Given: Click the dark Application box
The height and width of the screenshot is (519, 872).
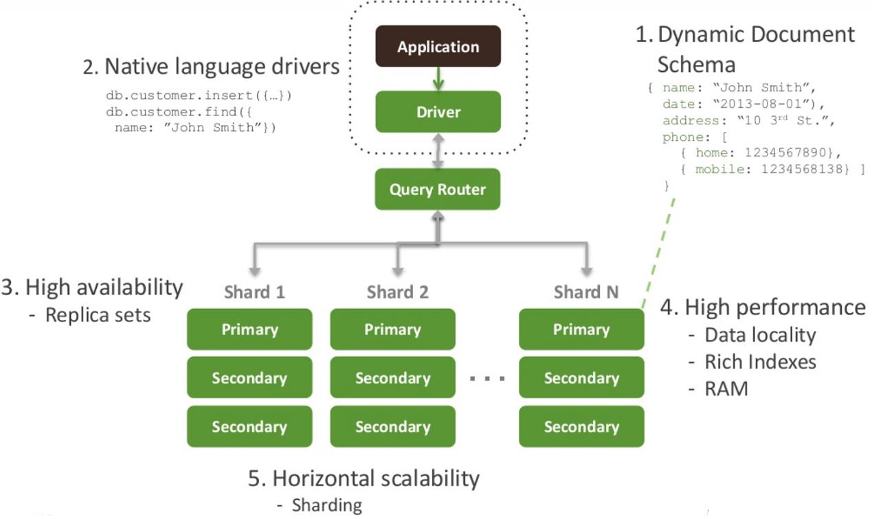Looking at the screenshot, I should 438,46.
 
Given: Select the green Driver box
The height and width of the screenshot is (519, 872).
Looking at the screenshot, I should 438,111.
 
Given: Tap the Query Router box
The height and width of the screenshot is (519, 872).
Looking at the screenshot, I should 438,189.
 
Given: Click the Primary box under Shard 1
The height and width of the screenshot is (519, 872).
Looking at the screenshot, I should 249,330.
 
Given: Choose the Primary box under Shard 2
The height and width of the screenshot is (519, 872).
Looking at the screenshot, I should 392,330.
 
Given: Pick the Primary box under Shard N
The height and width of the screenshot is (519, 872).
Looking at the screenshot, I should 581,330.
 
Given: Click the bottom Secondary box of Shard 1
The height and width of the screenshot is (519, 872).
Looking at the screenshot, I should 249,426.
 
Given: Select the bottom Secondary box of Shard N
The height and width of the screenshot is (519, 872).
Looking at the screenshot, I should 581,426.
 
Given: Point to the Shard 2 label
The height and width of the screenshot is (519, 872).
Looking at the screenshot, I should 397,292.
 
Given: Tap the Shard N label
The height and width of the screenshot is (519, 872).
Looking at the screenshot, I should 585,292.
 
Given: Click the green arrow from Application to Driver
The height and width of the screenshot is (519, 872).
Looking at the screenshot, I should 438,78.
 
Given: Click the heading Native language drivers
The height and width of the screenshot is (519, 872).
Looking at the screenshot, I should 212,67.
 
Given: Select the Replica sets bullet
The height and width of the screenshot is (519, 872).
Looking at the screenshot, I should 98,316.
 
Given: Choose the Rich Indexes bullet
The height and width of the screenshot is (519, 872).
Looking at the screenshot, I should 760,362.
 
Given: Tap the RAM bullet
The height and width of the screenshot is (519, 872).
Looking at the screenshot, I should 726,389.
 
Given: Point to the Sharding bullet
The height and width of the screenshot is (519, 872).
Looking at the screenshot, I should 326,505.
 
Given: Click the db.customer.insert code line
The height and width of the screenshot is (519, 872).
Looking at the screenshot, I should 199,95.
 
